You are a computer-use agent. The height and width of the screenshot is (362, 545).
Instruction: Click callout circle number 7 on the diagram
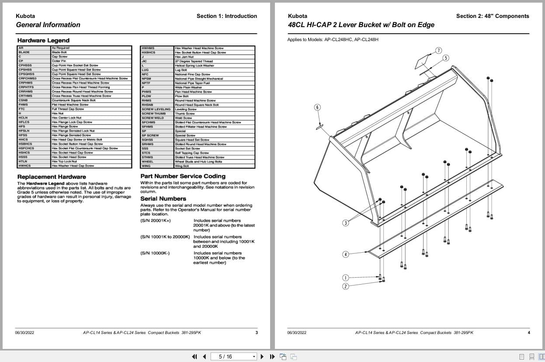pyautogui.click(x=438, y=51)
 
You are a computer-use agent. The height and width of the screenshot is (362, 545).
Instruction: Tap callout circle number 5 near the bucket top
pyautogui.click(x=446, y=58)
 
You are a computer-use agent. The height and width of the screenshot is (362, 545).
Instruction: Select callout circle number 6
pyautogui.click(x=317, y=108)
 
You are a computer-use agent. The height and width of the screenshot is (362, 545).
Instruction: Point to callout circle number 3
pyautogui.click(x=345, y=223)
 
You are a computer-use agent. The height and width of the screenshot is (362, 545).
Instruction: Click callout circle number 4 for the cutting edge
pyautogui.click(x=345, y=254)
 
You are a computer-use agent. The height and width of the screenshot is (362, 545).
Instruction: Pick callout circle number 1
pyautogui.click(x=345, y=278)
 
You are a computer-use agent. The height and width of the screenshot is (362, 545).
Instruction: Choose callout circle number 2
pyautogui.click(x=345, y=286)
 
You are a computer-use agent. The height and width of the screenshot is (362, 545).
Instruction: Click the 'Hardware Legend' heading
pyautogui.click(x=37, y=41)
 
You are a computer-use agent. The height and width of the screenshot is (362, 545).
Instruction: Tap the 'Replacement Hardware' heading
pyautogui.click(x=51, y=177)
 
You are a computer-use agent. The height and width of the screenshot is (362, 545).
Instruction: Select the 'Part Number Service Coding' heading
pyautogui.click(x=183, y=176)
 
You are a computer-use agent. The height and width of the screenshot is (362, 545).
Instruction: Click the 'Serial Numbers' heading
pyautogui.click(x=163, y=198)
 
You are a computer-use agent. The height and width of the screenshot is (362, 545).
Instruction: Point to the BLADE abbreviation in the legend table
pyautogui.click(x=24, y=52)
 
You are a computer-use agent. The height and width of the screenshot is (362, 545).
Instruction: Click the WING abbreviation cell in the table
pyautogui.click(x=146, y=166)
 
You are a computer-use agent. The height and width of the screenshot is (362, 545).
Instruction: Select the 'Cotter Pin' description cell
pyautogui.click(x=59, y=61)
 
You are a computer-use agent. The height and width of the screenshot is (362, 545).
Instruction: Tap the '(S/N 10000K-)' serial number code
pyautogui.click(x=155, y=253)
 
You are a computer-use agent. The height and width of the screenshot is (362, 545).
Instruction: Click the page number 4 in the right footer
pyautogui.click(x=528, y=333)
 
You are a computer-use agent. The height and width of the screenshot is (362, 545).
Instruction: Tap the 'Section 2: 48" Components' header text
pyautogui.click(x=492, y=16)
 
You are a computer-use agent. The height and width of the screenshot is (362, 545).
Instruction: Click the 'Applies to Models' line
pyautogui.click(x=333, y=39)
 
